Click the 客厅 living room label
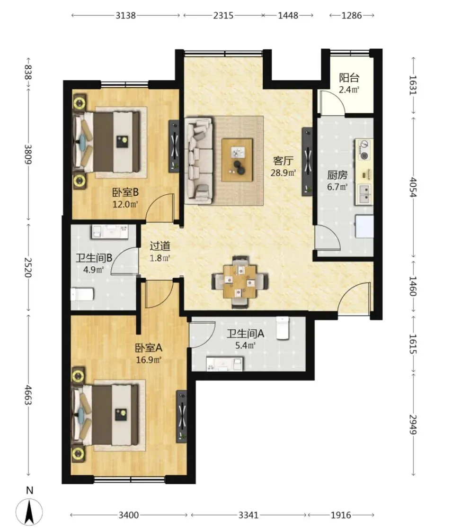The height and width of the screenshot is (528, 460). (x=283, y=161)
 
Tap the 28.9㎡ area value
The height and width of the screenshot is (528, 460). (x=283, y=173)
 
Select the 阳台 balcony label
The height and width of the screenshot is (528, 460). (x=349, y=78)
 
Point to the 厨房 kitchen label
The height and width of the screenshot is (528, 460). (x=337, y=175)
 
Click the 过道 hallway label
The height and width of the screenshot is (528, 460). (x=160, y=246)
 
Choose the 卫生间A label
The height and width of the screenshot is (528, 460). (x=246, y=333)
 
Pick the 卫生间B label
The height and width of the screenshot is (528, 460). (x=94, y=258)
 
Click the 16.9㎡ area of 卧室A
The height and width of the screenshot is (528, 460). (x=149, y=360)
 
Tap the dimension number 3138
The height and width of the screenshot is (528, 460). (x=126, y=16)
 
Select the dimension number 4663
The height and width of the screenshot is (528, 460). (x=28, y=395)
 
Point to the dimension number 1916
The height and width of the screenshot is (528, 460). (x=341, y=515)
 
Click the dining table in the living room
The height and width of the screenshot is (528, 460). (x=240, y=282)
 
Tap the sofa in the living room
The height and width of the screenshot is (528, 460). (x=198, y=160)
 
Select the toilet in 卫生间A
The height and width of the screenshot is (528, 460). (x=283, y=328)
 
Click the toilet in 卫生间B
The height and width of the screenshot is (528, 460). (x=82, y=294)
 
